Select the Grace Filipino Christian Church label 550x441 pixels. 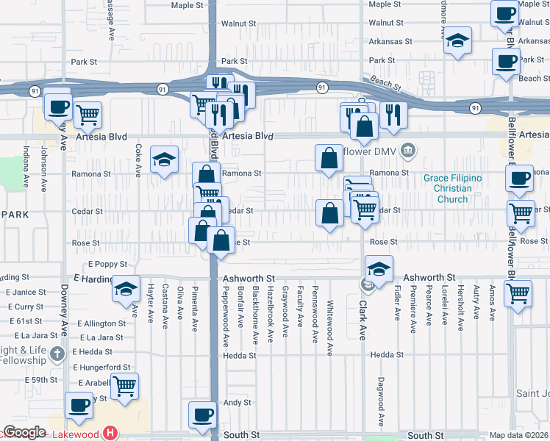click(452, 189)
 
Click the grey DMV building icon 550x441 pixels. click(410, 152)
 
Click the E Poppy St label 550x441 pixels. click(108, 264)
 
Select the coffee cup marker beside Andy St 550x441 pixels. click(202, 413)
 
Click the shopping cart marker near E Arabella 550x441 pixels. click(125, 384)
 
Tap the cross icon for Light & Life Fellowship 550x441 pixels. click(57, 355)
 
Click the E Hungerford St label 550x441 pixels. click(101, 367)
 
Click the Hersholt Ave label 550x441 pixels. click(460, 302)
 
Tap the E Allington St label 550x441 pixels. click(100, 323)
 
